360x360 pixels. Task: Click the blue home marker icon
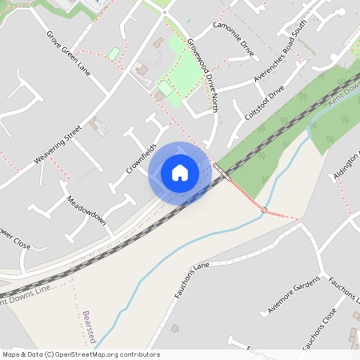[180, 173]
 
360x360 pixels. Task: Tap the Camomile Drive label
[233, 38]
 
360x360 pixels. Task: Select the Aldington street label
[346, 163]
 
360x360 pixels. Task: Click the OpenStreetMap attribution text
[81, 354]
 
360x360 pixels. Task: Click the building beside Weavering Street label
[98, 125]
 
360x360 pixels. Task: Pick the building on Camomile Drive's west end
[158, 42]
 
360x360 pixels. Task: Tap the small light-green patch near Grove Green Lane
[114, 54]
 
